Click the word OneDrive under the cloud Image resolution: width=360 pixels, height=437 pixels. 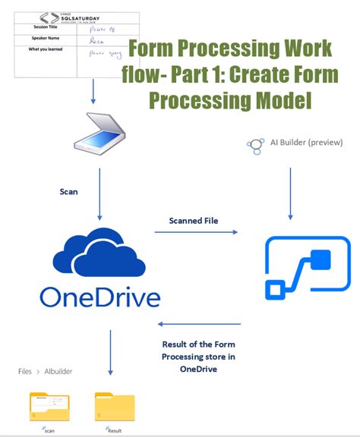tap(99, 297)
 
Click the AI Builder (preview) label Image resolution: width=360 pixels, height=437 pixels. tap(306, 142)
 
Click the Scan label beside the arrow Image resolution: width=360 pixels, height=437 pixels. tap(69, 192)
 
